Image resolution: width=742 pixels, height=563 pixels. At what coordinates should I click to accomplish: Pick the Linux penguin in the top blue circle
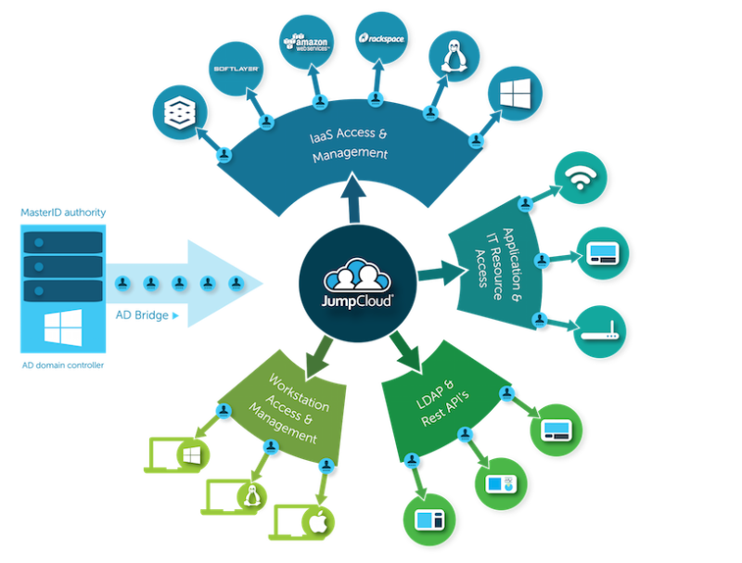(453, 58)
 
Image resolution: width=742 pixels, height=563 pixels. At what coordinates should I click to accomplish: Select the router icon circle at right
(598, 330)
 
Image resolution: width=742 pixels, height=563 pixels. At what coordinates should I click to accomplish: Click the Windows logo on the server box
(61, 326)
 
